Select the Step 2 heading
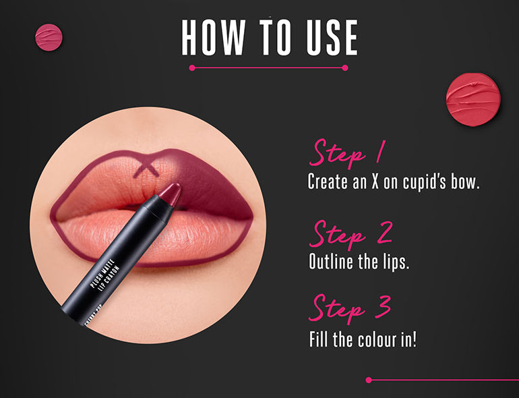click(x=351, y=233)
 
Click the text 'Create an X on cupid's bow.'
click(x=393, y=182)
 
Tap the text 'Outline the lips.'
click(x=359, y=262)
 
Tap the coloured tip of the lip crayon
click(x=169, y=194)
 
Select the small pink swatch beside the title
click(x=48, y=37)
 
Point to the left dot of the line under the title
click(x=192, y=67)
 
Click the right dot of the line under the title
click(x=346, y=67)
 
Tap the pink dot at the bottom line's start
click(x=369, y=380)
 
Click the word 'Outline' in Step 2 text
click(x=330, y=262)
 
